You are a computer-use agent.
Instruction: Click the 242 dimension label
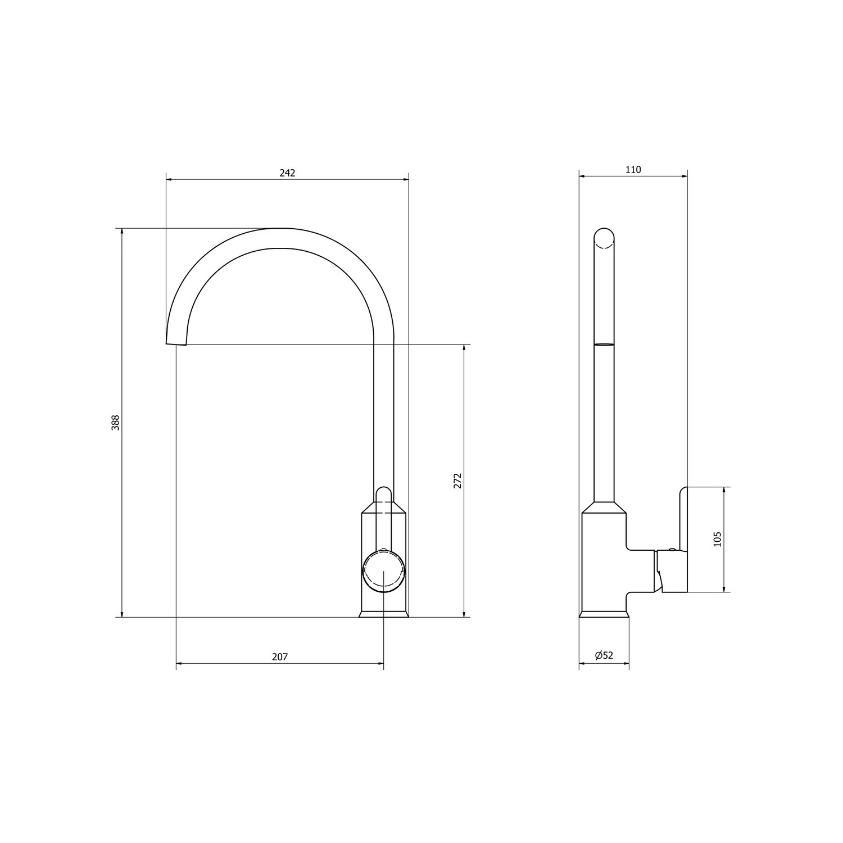point(287,173)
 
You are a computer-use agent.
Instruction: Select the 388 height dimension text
point(115,423)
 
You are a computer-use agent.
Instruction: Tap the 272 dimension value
point(457,481)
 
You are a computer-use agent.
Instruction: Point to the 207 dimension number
point(280,656)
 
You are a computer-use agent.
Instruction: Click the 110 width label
point(633,170)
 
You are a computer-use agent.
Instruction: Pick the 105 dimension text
point(717,540)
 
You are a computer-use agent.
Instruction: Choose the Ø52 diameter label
point(604,655)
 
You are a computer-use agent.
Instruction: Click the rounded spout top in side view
point(604,239)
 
